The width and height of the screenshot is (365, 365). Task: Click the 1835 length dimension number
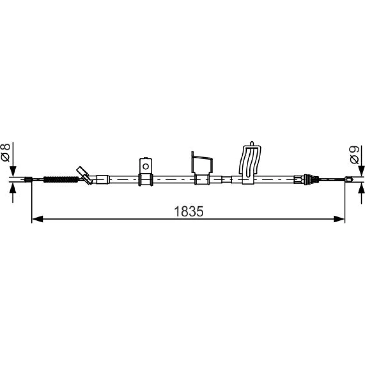point(189,211)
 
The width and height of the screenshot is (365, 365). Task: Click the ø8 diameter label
point(6,153)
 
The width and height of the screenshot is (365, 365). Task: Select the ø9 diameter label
point(354,154)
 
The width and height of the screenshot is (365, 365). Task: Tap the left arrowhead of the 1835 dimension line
point(37,219)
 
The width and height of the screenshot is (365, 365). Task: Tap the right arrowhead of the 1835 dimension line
point(339,219)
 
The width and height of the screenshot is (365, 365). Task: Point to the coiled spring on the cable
point(61,180)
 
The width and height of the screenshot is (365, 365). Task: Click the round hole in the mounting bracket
point(146,166)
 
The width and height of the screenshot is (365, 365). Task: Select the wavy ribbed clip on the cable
point(250,163)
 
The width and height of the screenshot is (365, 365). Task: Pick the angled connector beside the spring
point(85,176)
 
